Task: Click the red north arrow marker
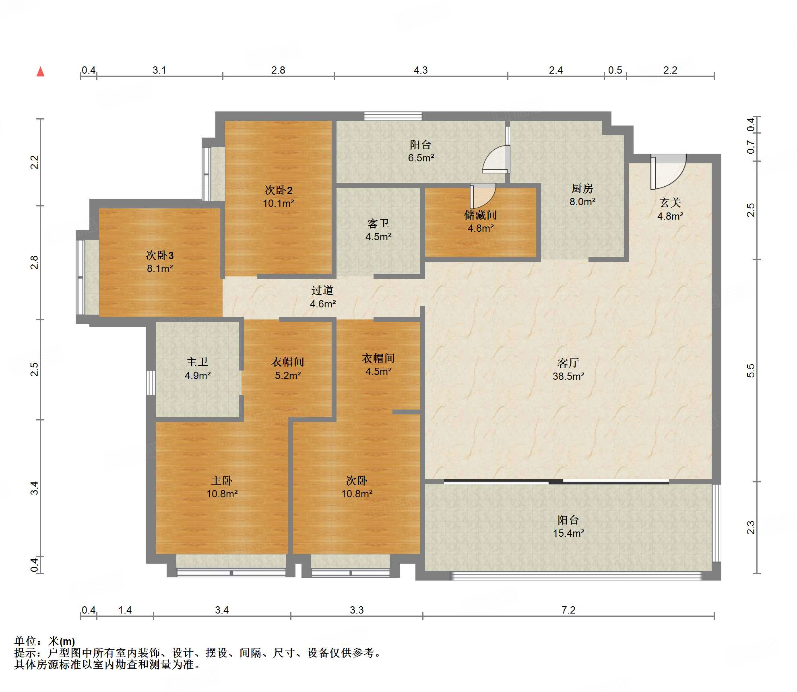[x=40, y=72]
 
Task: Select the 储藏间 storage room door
[x=483, y=196]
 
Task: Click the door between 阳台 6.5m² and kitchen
[x=496, y=159]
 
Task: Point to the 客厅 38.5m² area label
[x=568, y=369]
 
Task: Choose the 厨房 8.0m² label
[x=582, y=195]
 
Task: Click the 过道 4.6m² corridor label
[x=322, y=297]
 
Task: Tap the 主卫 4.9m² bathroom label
[x=197, y=369]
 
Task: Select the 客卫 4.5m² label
[x=378, y=230]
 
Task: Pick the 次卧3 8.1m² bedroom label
[x=160, y=262]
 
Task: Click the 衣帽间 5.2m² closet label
[x=288, y=369]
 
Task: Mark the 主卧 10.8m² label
[x=222, y=487]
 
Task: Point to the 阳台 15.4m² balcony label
[x=568, y=526]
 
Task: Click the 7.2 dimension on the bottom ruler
[x=568, y=610]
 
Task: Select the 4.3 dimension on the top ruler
[x=421, y=70]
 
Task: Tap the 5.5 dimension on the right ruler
[x=751, y=371]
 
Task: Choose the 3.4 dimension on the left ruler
[x=35, y=488]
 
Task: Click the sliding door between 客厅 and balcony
[x=556, y=482]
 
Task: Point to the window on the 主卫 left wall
[x=151, y=383]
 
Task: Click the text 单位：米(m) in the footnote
[x=45, y=641]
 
